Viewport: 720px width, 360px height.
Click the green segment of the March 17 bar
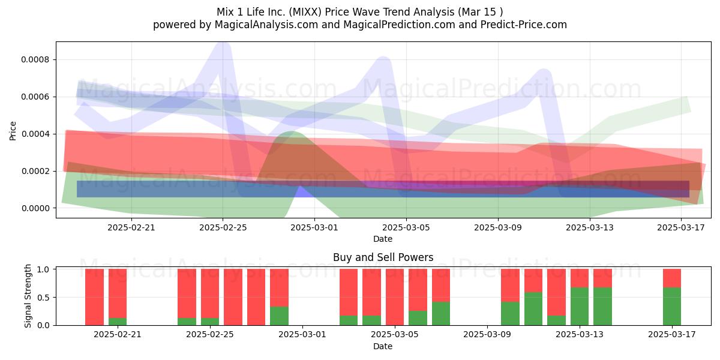click(672, 307)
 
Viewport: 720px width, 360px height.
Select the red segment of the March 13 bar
click(580, 278)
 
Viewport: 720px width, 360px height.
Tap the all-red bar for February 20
click(95, 297)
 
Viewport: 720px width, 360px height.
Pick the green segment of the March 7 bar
click(441, 313)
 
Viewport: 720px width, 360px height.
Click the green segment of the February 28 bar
click(280, 316)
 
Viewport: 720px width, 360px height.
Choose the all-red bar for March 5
click(395, 297)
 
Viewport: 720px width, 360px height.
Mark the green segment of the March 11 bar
click(533, 308)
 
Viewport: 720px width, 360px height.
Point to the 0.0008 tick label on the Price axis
click(35, 60)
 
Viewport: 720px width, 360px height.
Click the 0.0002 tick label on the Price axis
click(35, 171)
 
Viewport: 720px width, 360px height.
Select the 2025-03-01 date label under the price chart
click(314, 227)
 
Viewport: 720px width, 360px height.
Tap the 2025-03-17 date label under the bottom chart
click(672, 335)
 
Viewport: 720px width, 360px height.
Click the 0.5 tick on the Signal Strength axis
click(43, 298)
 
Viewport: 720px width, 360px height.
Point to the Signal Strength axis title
click(28, 296)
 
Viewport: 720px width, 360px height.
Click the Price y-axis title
click(13, 131)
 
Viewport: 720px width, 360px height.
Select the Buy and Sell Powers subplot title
click(383, 257)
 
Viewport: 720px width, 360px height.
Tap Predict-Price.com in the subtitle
click(524, 25)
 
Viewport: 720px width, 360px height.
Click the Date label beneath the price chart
click(383, 239)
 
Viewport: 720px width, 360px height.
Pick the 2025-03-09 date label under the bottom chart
click(487, 335)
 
